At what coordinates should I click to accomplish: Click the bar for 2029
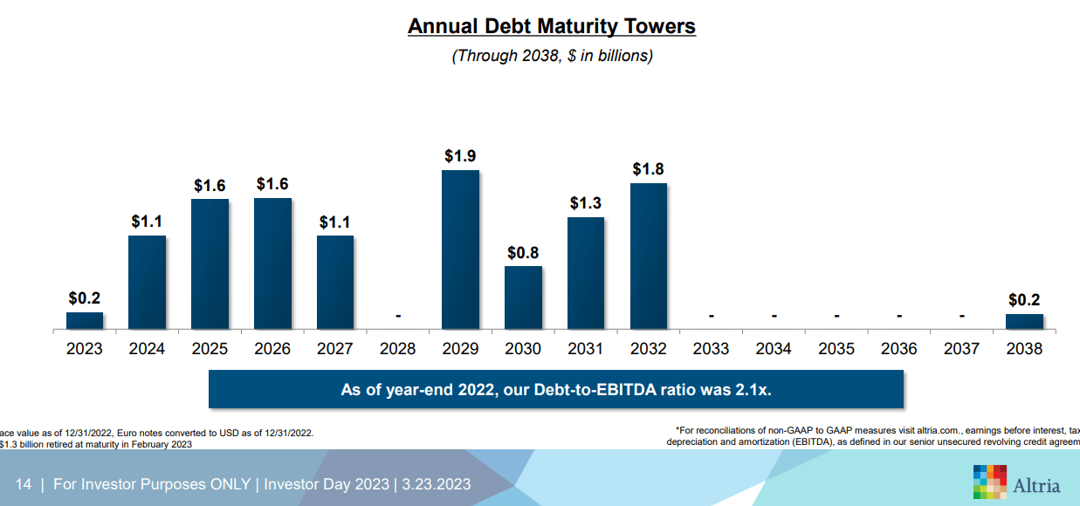460,250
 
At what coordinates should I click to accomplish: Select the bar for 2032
648,256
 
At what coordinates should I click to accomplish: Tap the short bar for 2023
85,320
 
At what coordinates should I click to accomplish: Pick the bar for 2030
523,297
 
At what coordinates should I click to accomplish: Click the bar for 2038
1024,321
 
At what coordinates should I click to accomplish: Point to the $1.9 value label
460,156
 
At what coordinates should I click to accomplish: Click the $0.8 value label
523,253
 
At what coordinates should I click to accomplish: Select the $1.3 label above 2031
586,203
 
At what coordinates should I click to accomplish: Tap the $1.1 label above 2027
335,222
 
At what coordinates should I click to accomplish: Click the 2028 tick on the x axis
398,349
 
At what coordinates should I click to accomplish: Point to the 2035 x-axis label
836,349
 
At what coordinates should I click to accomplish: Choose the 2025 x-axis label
210,349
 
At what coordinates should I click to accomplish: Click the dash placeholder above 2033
711,316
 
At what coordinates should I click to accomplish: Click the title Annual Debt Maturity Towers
552,27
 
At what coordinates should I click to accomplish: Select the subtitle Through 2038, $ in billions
552,56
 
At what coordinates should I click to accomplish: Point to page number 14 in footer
24,484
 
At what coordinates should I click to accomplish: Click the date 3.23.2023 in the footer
437,484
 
